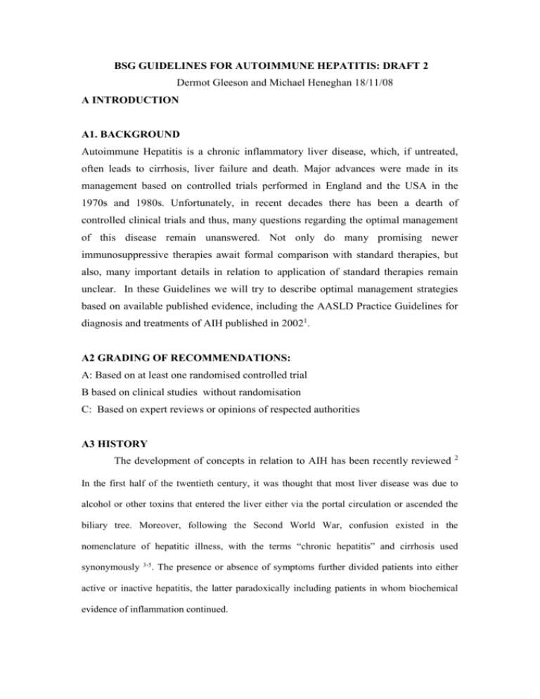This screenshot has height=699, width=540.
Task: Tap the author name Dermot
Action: [190, 70]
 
